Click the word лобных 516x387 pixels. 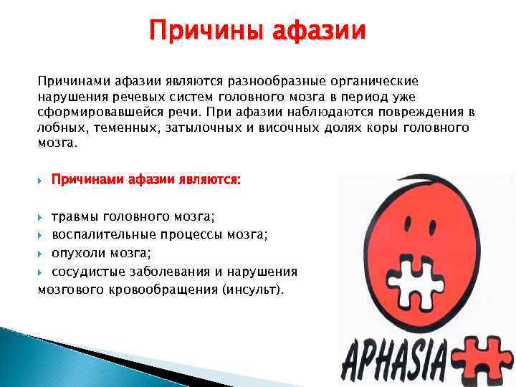click(x=60, y=128)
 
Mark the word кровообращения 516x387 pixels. click(x=163, y=290)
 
